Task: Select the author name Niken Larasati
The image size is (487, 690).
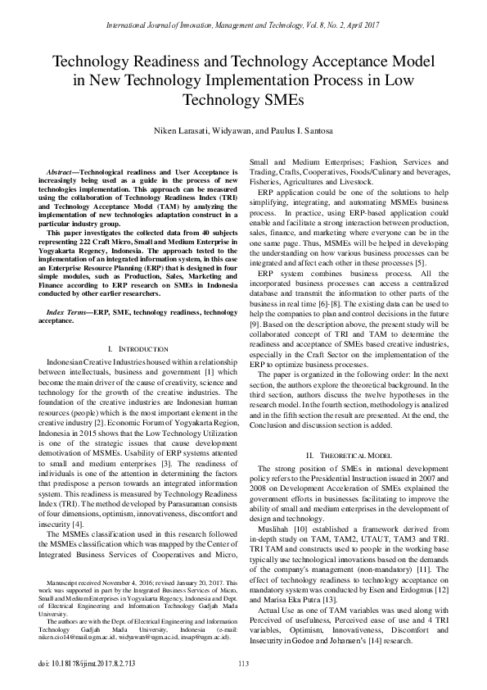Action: pos(173,132)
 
